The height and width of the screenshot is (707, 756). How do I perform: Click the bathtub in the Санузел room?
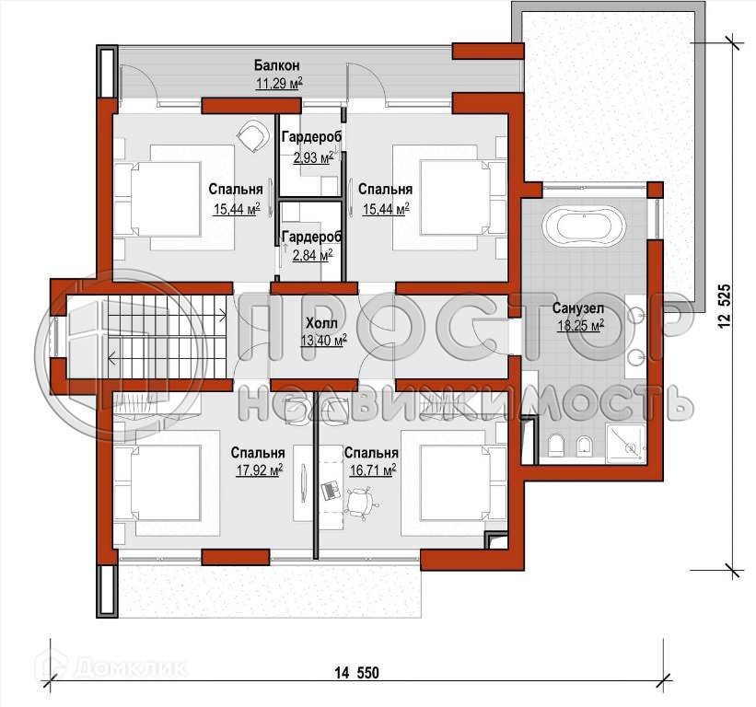[584, 225]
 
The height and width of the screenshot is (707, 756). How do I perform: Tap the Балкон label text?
[277, 65]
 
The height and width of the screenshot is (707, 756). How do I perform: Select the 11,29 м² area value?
[279, 84]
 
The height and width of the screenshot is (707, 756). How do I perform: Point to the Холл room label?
[321, 323]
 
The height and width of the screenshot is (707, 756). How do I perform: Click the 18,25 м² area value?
[581, 326]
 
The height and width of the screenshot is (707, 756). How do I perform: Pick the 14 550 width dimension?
[356, 672]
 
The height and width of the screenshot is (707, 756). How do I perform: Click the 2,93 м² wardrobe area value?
[313, 157]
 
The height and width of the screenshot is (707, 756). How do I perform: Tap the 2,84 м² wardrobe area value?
[312, 254]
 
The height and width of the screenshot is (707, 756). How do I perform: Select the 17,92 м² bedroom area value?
[260, 469]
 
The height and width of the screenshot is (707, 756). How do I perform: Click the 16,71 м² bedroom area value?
[373, 469]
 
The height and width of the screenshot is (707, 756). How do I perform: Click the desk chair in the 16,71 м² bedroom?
[360, 503]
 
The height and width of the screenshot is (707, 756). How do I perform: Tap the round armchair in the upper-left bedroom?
[252, 135]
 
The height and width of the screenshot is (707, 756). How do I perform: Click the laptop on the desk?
[331, 491]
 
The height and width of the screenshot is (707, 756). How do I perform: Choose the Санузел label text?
[578, 307]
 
